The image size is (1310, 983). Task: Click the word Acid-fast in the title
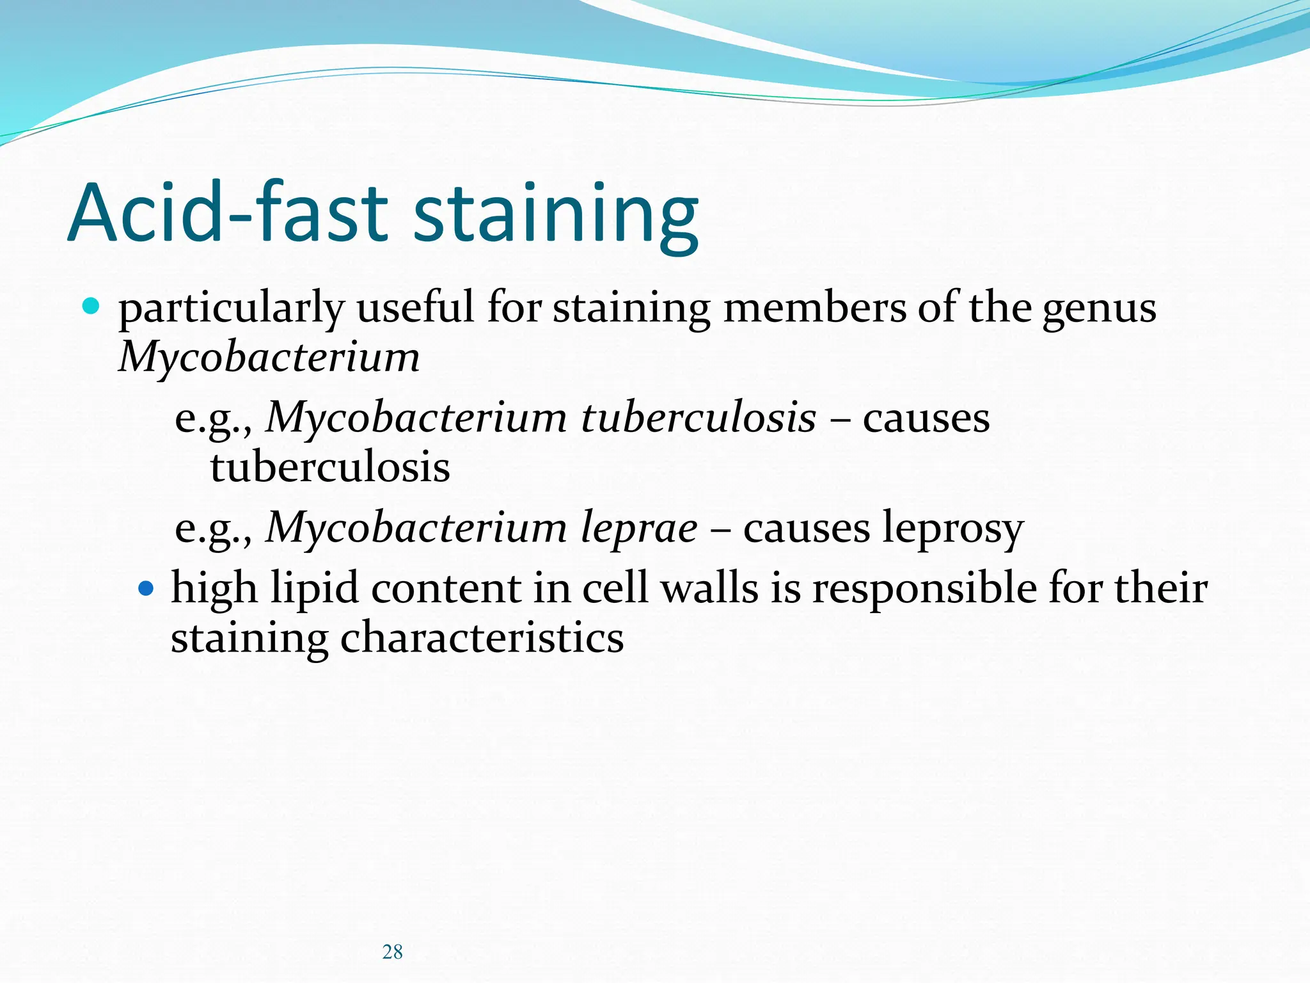point(228,212)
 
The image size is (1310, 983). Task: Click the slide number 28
point(392,952)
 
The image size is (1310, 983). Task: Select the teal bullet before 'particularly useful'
point(91,307)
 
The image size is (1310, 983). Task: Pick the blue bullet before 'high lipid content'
point(146,587)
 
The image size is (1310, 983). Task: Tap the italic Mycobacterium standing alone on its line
point(269,357)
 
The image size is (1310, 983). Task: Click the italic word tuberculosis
point(698,418)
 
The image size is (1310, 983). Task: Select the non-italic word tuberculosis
point(330,467)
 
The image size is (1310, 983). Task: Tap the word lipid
point(314,589)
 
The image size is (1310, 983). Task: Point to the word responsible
point(924,589)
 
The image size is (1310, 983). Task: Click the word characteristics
point(482,638)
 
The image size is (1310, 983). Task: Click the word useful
point(415,308)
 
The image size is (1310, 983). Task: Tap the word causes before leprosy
point(806,529)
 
